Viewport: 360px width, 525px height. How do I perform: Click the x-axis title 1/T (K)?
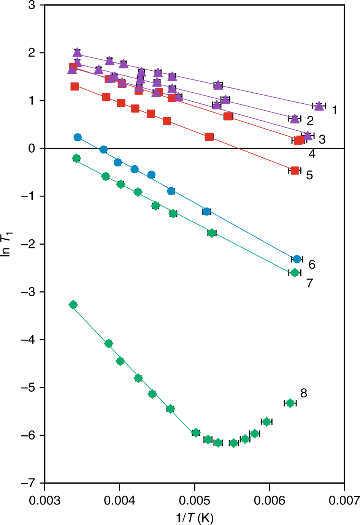click(x=194, y=517)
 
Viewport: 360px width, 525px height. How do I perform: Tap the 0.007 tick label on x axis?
click(x=344, y=500)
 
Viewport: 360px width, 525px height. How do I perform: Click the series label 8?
click(x=303, y=393)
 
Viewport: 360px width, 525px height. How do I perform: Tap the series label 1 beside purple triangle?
click(x=334, y=110)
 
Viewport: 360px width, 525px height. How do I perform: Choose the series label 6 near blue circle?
click(x=312, y=264)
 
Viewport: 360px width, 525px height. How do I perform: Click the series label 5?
click(x=309, y=175)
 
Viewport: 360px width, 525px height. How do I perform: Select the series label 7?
click(x=310, y=283)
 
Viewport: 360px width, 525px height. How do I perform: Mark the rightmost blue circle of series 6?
click(x=297, y=259)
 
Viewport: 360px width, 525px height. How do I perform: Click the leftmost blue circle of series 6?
click(x=78, y=137)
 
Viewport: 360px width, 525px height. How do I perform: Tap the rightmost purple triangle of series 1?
click(x=319, y=106)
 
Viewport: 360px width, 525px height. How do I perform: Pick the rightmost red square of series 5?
click(x=295, y=171)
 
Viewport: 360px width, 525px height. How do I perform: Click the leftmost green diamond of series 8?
click(x=73, y=305)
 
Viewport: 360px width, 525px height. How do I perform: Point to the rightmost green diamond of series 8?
click(x=290, y=403)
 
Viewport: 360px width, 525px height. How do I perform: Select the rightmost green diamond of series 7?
click(x=294, y=272)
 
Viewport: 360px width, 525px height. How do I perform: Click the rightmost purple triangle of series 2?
click(x=295, y=119)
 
